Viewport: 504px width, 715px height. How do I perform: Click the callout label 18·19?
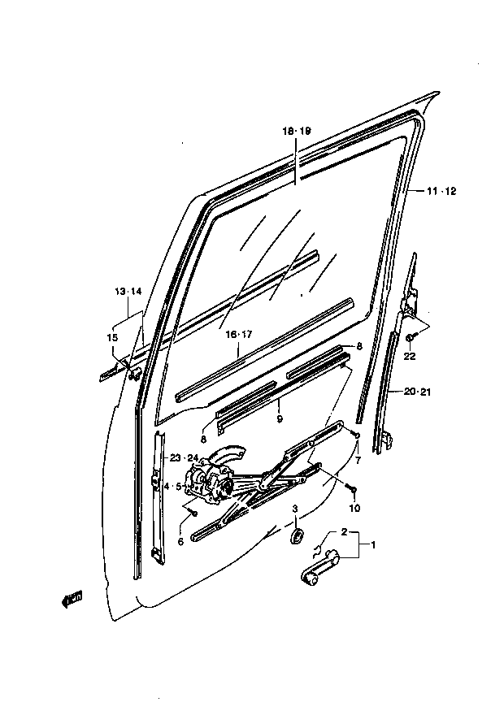[x=296, y=132]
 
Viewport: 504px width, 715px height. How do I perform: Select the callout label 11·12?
[x=441, y=192]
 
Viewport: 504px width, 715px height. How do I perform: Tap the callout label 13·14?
[x=128, y=292]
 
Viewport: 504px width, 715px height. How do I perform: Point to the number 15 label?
[x=112, y=338]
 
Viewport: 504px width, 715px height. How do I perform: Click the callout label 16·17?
[x=238, y=335]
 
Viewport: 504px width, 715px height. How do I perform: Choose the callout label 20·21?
[x=416, y=392]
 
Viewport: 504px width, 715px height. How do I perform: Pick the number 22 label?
[x=410, y=356]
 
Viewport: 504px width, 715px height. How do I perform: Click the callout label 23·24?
[x=184, y=458]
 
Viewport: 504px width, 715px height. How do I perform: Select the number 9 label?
[x=280, y=418]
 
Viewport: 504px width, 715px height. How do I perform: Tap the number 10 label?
[x=354, y=508]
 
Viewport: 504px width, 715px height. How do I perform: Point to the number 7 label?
[x=358, y=461]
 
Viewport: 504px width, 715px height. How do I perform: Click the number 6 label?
[x=180, y=542]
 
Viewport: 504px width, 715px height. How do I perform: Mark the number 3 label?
[x=295, y=509]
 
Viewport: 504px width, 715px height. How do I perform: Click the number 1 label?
[x=373, y=544]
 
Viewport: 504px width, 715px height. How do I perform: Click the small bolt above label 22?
[x=410, y=338]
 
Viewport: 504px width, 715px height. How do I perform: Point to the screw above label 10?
[x=352, y=489]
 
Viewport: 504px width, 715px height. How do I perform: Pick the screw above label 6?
[x=193, y=513]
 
